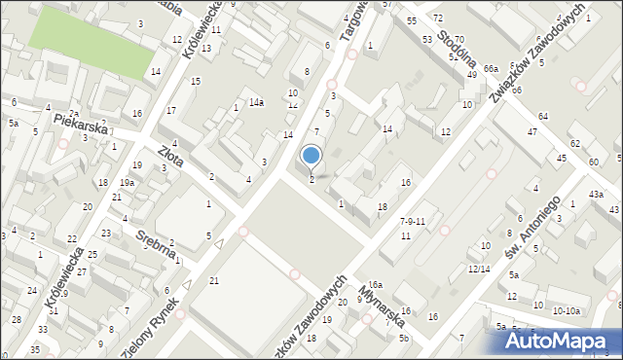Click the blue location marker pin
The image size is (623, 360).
point(311,157)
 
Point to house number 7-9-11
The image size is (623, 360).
point(413,222)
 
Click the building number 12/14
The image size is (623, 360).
point(478,269)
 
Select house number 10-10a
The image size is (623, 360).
point(566,310)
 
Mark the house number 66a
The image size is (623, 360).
point(491,69)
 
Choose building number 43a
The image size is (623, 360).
point(597,195)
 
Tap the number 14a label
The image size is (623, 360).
point(256,102)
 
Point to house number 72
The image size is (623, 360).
point(438,18)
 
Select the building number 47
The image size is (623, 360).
point(532,131)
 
